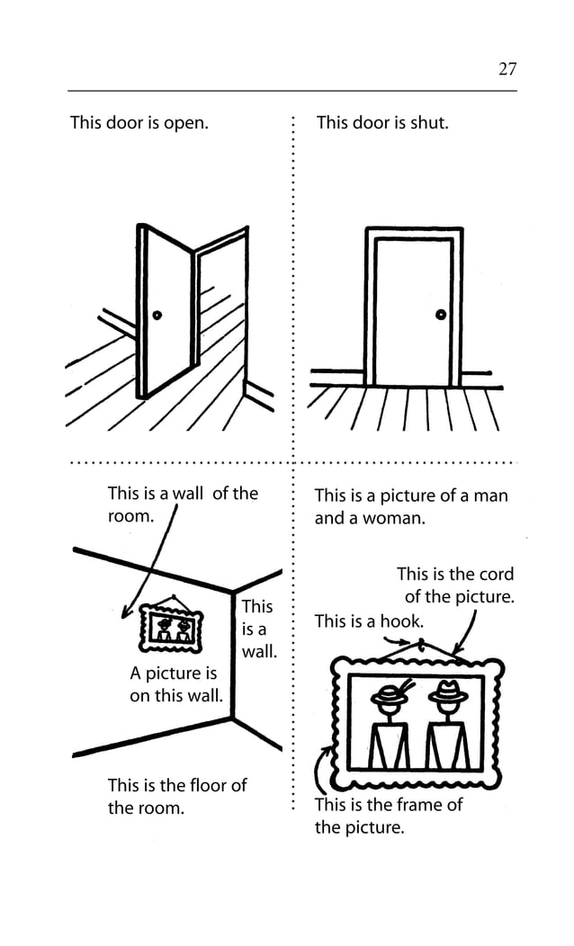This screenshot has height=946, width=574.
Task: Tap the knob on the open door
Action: click(157, 315)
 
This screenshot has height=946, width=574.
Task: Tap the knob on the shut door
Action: click(441, 315)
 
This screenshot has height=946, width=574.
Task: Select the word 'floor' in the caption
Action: click(203, 785)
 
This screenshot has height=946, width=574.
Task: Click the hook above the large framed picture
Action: click(420, 644)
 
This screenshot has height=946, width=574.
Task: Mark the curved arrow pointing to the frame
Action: click(321, 770)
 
